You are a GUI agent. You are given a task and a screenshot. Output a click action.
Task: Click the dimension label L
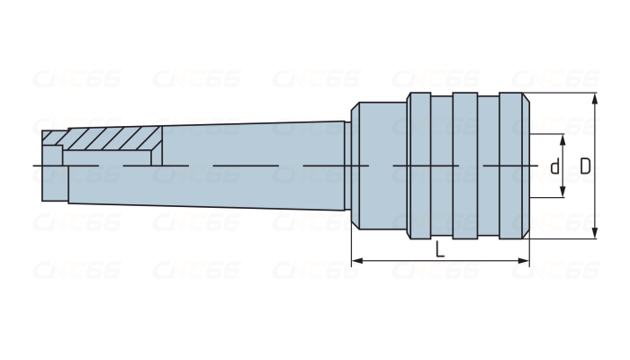pos(440,250)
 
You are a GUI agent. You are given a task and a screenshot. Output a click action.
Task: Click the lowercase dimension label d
pos(555,166)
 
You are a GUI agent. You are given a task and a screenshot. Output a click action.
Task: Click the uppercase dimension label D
pos(585,166)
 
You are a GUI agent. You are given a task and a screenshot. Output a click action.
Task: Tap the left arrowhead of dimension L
pos(357,261)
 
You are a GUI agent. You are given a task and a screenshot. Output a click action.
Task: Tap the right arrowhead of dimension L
pos(524,261)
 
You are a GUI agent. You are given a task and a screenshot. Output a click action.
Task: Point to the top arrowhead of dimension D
pos(595,98)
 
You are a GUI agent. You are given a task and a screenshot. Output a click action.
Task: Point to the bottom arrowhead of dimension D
pos(595,233)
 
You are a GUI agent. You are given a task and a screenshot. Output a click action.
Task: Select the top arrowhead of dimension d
pos(562,139)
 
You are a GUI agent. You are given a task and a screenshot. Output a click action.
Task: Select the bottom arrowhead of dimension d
pos(562,191)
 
